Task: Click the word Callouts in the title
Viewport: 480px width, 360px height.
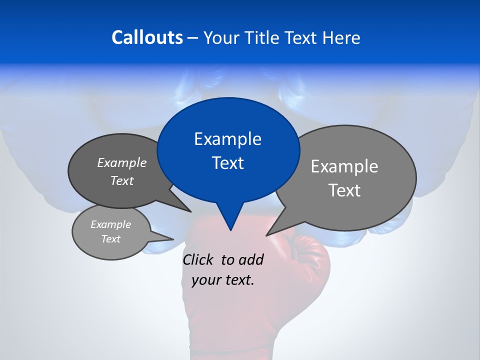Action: [147, 37]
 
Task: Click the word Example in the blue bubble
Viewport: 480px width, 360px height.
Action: [227, 139]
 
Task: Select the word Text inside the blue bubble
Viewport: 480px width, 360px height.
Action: [227, 163]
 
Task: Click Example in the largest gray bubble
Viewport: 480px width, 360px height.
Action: [344, 166]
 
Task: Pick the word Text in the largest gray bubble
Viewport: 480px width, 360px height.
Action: [344, 190]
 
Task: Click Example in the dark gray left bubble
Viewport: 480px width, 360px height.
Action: [121, 162]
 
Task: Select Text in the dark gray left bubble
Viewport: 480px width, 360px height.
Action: [121, 180]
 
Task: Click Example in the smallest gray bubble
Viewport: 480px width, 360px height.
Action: [110, 224]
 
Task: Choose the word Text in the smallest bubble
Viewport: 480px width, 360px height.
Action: [110, 239]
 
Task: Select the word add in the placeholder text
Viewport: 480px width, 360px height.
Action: [250, 259]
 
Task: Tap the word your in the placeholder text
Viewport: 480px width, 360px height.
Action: [206, 280]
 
